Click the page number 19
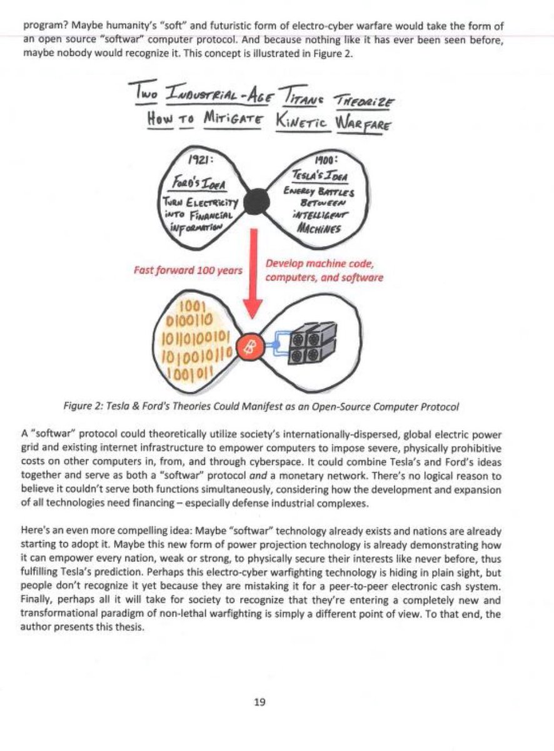coord(260,702)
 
